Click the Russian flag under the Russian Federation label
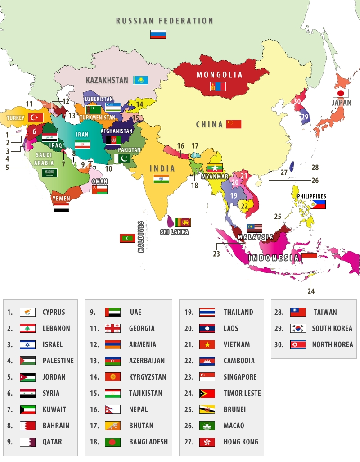(x=158, y=34)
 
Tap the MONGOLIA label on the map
(x=219, y=75)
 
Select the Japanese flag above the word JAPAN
(x=341, y=93)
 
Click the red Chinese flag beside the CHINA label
(x=234, y=124)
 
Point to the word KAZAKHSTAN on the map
(x=107, y=81)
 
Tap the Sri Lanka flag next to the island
(x=183, y=222)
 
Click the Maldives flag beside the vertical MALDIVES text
(x=127, y=238)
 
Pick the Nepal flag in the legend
(x=112, y=409)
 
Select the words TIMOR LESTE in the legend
(x=242, y=393)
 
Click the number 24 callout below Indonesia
(x=311, y=291)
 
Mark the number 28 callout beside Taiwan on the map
(x=315, y=168)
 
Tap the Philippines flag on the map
(x=318, y=204)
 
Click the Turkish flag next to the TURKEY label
(x=35, y=118)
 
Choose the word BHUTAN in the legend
(x=141, y=426)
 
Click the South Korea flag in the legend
(x=298, y=328)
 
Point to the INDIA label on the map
(x=162, y=168)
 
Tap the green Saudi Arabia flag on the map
(x=49, y=172)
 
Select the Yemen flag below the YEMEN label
(x=61, y=207)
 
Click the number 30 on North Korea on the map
(x=297, y=101)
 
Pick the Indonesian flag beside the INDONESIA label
(x=309, y=258)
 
